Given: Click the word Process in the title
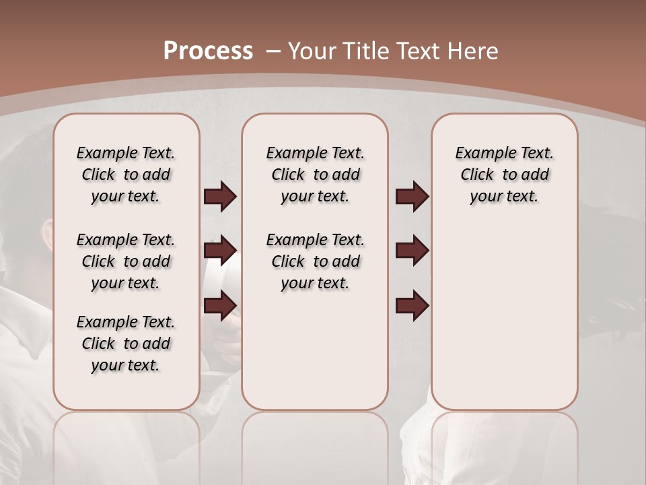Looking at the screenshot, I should click(x=208, y=51).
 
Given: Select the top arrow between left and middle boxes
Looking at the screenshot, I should click(x=220, y=197).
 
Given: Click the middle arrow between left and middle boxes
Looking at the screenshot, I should click(x=220, y=251).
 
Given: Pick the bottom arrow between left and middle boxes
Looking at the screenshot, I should click(x=220, y=305).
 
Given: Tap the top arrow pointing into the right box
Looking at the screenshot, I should click(x=412, y=197).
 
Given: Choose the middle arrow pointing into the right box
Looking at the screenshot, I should click(x=412, y=251).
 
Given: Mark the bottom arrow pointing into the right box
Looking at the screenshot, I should click(x=412, y=305).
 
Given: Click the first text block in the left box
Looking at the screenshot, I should click(x=126, y=174).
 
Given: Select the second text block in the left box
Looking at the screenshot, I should click(x=126, y=261).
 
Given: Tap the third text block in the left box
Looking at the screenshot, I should click(x=126, y=344).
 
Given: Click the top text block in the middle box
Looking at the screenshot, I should click(x=315, y=174).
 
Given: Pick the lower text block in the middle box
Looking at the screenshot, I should click(x=315, y=261).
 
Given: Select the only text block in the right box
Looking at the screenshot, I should click(x=505, y=174).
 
